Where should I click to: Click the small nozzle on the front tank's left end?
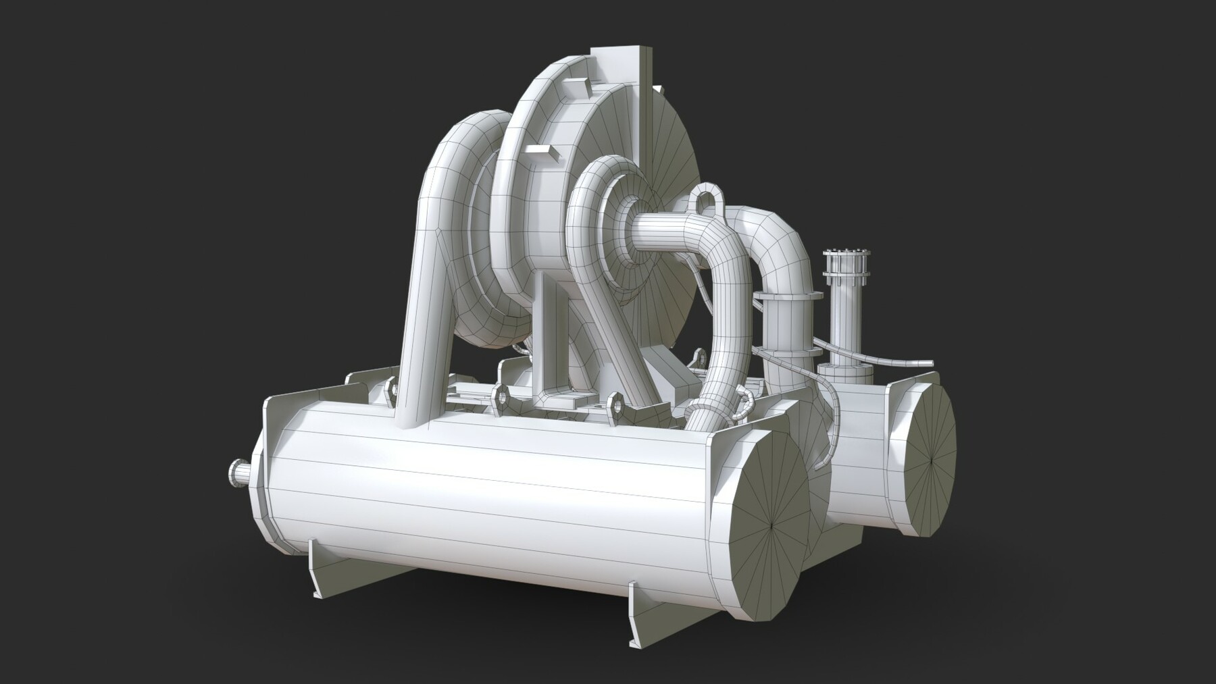coord(236,471)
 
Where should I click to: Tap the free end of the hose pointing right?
coord(929,363)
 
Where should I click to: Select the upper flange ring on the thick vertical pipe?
coord(788,296)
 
